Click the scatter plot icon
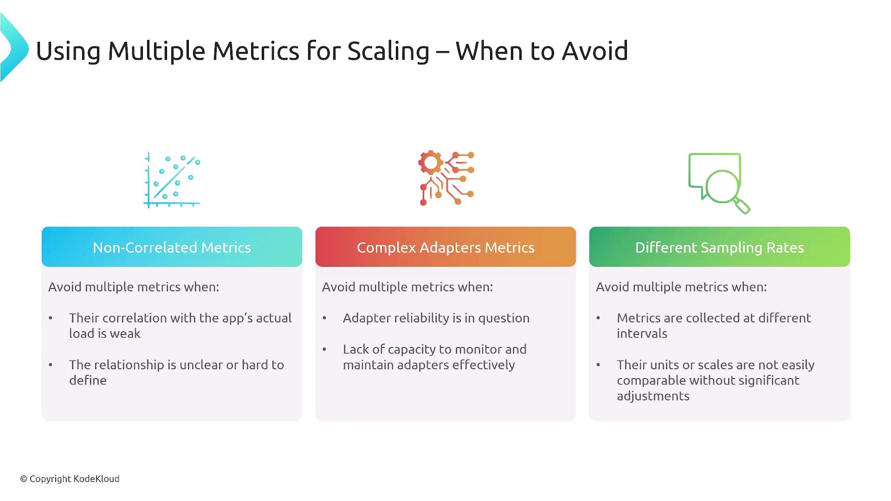pos(172,180)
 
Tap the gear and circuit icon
pos(446,178)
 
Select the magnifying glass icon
pos(719,183)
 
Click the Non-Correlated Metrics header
pos(172,247)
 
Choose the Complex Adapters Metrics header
pos(445,247)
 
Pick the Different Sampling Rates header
pos(719,247)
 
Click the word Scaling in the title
pos(388,51)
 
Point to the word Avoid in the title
pos(594,51)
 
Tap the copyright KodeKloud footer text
pos(70,479)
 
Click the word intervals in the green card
pos(642,333)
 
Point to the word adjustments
pos(653,396)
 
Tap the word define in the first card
pos(88,380)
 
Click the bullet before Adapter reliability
pos(324,318)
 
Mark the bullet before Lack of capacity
pos(324,349)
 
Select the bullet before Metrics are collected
pos(598,318)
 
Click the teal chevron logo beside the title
pos(14,48)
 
